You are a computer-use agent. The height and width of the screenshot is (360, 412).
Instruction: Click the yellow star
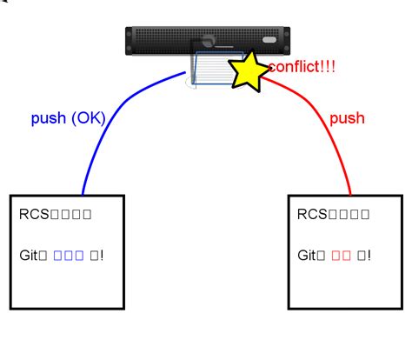point(247,73)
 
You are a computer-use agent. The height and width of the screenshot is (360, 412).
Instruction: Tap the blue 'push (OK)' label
point(68,118)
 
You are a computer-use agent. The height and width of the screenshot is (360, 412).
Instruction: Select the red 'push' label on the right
point(347,118)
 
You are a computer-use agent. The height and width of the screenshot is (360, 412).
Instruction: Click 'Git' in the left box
point(30,256)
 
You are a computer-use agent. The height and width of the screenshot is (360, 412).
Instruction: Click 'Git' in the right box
point(309,256)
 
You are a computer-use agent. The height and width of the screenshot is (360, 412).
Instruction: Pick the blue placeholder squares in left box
point(68,256)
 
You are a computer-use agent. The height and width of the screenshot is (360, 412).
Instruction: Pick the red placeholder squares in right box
point(340,256)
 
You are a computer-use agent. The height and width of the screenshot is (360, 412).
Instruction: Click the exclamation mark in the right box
point(368,256)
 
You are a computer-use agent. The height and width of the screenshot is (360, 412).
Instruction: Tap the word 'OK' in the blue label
point(86,118)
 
